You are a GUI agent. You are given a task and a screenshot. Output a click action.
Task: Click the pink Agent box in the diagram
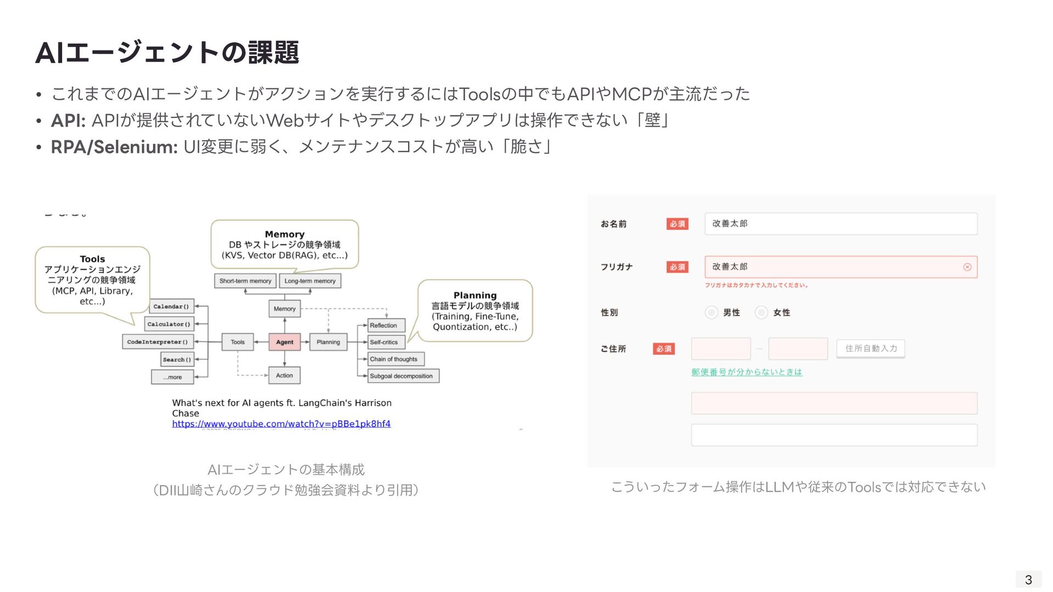(x=284, y=342)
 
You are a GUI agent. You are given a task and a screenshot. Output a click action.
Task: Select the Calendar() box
(x=171, y=306)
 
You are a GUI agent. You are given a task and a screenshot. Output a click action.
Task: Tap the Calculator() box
(x=169, y=324)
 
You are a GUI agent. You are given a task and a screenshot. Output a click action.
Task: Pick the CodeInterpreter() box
(x=157, y=342)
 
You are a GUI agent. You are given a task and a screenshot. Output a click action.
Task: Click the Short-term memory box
(x=245, y=281)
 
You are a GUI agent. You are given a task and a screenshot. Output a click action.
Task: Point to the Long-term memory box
(x=310, y=281)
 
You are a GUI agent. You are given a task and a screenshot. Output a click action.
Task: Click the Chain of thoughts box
(x=394, y=359)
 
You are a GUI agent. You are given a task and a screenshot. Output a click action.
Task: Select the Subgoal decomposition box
(x=401, y=376)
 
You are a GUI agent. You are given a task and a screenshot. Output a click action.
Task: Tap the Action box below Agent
(x=284, y=375)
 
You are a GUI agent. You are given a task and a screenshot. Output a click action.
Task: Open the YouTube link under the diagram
(x=281, y=424)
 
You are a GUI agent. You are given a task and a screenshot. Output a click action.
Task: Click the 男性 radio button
(x=711, y=312)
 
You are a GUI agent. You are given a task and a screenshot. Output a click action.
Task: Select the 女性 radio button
(x=761, y=312)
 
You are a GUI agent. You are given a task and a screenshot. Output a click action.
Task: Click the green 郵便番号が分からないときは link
(x=746, y=372)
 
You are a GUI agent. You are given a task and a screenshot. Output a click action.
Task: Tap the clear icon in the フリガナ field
(x=967, y=267)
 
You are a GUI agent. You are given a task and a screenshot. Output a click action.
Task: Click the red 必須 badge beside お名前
(x=677, y=224)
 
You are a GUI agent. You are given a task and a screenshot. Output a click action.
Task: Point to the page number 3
(x=1028, y=579)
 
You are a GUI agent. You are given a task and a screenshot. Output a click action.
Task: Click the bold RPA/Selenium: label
(x=114, y=147)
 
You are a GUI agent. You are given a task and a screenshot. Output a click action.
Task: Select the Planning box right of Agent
(x=328, y=342)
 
